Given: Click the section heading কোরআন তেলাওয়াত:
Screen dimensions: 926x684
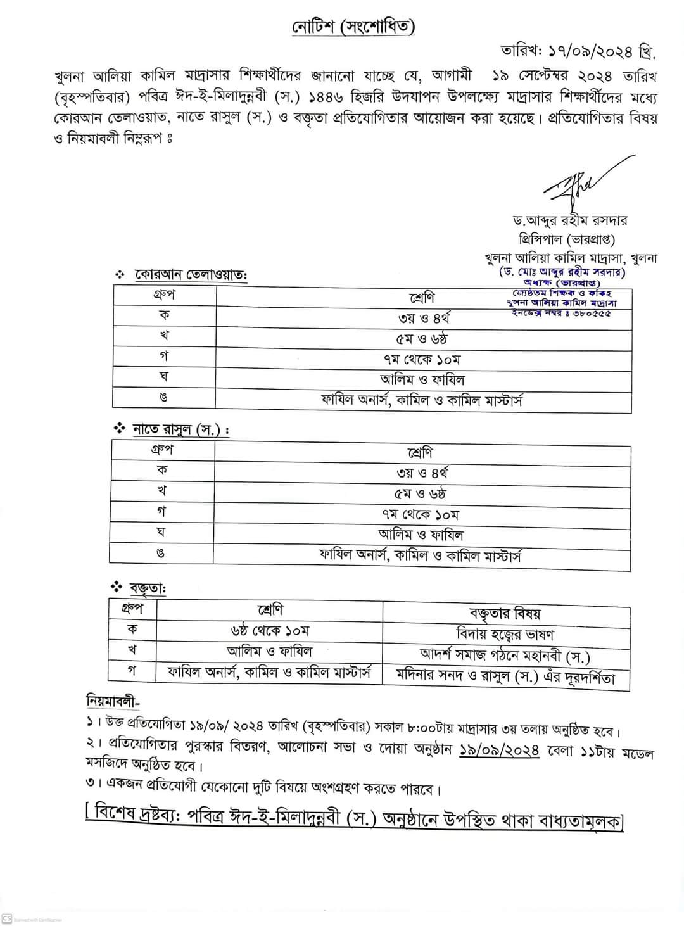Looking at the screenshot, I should click(x=190, y=276).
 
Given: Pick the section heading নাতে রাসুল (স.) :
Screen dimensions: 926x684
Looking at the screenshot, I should click(x=180, y=430).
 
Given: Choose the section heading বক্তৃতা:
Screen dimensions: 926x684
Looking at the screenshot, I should click(x=148, y=588).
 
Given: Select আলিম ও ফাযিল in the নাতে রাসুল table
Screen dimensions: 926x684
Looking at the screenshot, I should click(x=421, y=535).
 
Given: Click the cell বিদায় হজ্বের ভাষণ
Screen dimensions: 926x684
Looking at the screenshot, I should click(x=505, y=634).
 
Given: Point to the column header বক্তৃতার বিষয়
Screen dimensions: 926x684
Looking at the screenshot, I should click(x=505, y=613).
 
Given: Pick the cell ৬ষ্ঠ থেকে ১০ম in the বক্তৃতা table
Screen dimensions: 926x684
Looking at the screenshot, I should click(x=270, y=631).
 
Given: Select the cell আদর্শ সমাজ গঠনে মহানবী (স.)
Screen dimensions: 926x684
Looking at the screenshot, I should click(x=505, y=654).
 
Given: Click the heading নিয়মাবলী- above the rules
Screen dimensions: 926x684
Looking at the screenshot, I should click(x=113, y=702).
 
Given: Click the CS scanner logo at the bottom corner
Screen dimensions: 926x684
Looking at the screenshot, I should click(x=8, y=918).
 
